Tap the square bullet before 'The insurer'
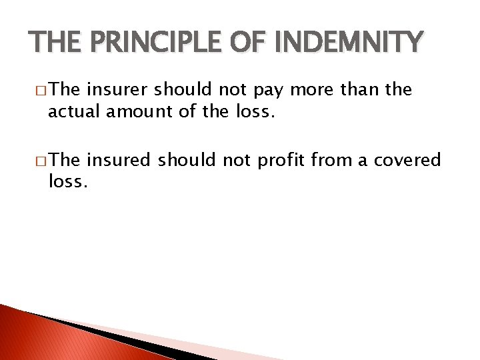(x=42, y=90)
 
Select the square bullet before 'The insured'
(x=42, y=161)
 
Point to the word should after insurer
(x=179, y=89)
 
